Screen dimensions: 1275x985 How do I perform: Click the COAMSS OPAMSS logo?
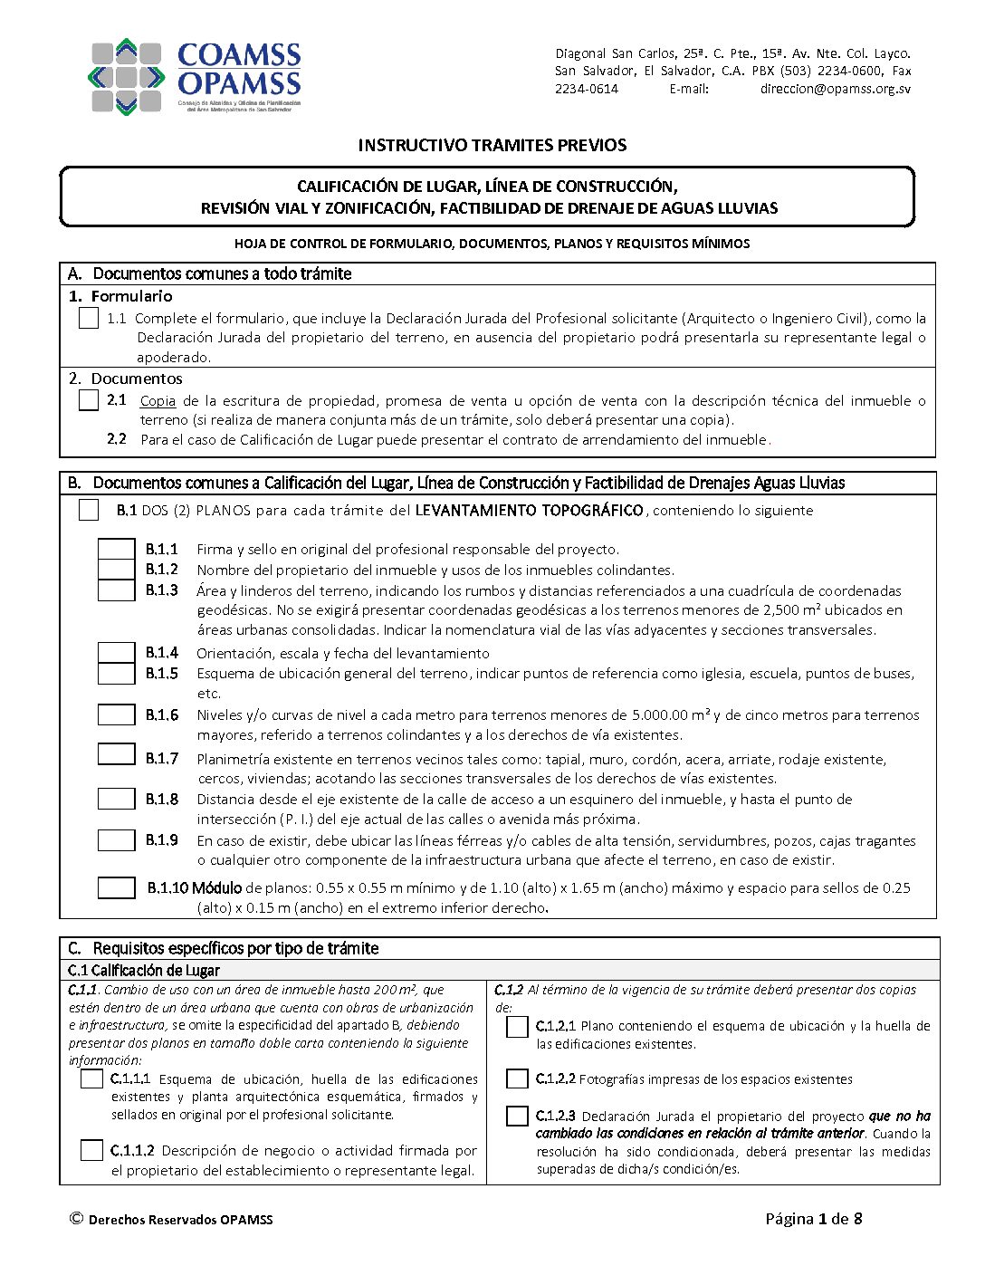tap(195, 76)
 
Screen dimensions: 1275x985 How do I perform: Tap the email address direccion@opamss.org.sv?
tap(835, 89)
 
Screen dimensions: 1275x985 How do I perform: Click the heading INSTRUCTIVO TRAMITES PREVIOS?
tap(492, 145)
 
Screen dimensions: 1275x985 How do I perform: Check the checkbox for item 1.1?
tap(89, 319)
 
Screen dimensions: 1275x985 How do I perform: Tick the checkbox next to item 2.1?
tap(89, 400)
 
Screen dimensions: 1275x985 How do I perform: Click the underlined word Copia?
tap(158, 400)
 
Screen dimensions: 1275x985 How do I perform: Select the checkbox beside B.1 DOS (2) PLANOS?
tap(89, 510)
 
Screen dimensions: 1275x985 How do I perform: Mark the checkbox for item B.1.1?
tap(116, 550)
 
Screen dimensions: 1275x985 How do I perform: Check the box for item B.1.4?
tap(116, 653)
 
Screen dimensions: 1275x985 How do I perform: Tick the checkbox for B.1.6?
tap(116, 715)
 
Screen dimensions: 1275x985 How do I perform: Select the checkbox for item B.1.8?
tap(116, 799)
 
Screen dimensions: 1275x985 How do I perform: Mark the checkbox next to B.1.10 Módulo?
tap(116, 888)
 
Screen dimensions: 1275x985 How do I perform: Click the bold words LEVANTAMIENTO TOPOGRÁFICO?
tap(529, 511)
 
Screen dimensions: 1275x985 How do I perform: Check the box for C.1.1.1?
tap(91, 1078)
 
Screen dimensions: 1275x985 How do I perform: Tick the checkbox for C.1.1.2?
tap(91, 1150)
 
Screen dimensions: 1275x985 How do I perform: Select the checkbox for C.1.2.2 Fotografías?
tap(517, 1078)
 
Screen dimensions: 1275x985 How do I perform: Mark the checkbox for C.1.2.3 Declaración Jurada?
tap(517, 1116)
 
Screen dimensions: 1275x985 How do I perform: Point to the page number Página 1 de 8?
tap(813, 1219)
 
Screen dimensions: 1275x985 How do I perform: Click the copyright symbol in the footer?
tap(76, 1219)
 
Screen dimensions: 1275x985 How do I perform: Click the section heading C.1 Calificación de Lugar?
tap(144, 971)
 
